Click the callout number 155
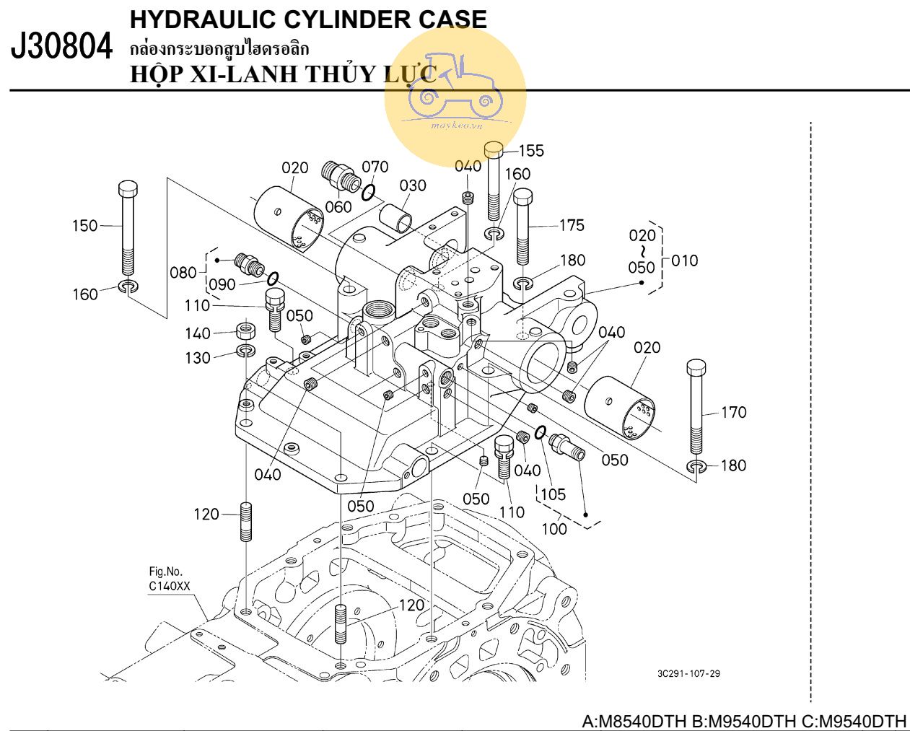[531, 151]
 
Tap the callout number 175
[572, 225]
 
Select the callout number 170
[733, 413]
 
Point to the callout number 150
[84, 226]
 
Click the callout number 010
[684, 261]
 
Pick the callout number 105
[553, 494]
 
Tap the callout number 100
[554, 528]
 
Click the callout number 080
[183, 273]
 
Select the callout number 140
[197, 333]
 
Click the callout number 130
[197, 358]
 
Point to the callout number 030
[413, 185]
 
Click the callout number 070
[375, 167]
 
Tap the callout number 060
[338, 207]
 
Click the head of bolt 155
[493, 149]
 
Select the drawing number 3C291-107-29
[688, 674]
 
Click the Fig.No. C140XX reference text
[170, 579]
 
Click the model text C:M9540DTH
[856, 722]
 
